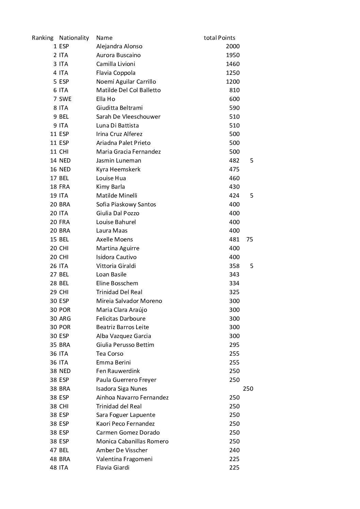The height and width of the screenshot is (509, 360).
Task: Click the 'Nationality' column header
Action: [74, 38]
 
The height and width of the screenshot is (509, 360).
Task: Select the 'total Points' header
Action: [219, 38]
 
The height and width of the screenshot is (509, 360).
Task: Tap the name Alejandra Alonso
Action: [119, 46]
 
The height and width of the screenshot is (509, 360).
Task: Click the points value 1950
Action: [233, 55]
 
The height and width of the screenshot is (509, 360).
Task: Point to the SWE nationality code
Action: [65, 99]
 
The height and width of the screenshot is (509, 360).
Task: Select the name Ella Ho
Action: [105, 99]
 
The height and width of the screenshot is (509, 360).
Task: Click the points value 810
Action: [234, 90]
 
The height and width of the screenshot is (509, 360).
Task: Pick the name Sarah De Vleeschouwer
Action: [128, 117]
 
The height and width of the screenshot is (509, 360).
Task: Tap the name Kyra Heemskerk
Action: [118, 169]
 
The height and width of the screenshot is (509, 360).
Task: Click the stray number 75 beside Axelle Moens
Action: [249, 239]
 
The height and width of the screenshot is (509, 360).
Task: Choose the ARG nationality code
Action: [65, 319]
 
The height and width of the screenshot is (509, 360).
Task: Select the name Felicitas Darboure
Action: [121, 319]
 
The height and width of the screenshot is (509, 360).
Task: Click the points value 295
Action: [234, 345]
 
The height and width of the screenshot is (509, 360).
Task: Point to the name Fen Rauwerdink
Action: [118, 371]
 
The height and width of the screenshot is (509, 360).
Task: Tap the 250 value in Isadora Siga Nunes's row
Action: [248, 389]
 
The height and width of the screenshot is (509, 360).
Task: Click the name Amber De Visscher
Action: [122, 450]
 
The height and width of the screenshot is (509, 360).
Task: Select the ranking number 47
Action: [53, 450]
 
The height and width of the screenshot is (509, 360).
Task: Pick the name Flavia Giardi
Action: [113, 468]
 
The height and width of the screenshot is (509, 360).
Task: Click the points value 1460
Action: [233, 64]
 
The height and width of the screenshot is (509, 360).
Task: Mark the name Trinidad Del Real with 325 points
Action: [119, 292]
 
